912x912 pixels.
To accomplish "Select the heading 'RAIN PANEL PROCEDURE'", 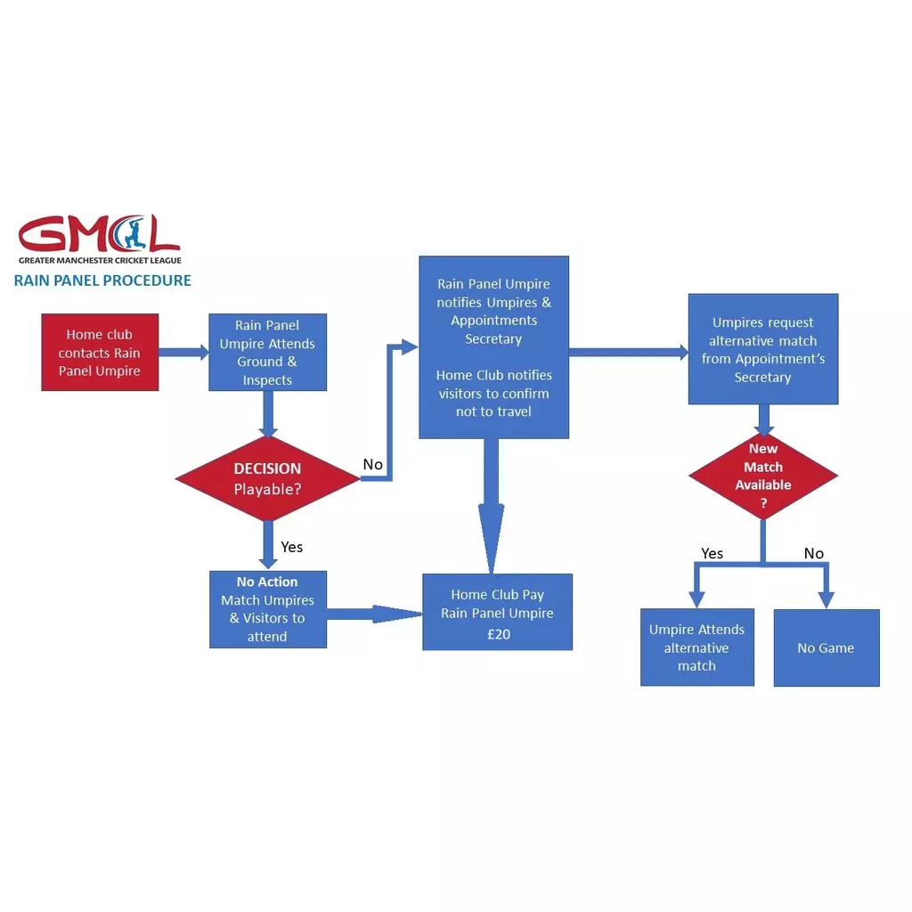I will pyautogui.click(x=102, y=281).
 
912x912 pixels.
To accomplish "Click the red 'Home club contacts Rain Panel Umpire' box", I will pyautogui.click(x=100, y=353).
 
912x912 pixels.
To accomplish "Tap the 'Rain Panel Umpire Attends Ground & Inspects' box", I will pyautogui.click(x=267, y=353).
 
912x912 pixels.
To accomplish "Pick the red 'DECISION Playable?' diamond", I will pyautogui.click(x=267, y=478).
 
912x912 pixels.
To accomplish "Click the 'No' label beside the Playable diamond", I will pyautogui.click(x=373, y=465).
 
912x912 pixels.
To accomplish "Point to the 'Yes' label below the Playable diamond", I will pyautogui.click(x=292, y=547).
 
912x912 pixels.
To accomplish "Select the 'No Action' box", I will pyautogui.click(x=267, y=609).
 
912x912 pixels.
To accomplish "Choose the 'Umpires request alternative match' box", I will pyautogui.click(x=762, y=349).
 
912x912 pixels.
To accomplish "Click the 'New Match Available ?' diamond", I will pyautogui.click(x=762, y=476).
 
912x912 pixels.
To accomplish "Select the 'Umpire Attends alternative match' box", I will pyautogui.click(x=696, y=647).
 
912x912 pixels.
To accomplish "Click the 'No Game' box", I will pyautogui.click(x=826, y=647).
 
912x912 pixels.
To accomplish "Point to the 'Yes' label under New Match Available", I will pyautogui.click(x=712, y=554).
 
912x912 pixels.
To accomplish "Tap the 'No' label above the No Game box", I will pyautogui.click(x=814, y=554).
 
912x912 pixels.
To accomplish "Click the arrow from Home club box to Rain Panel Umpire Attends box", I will pyautogui.click(x=183, y=353).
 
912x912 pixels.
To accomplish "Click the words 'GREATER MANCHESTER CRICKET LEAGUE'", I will pyautogui.click(x=100, y=260).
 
